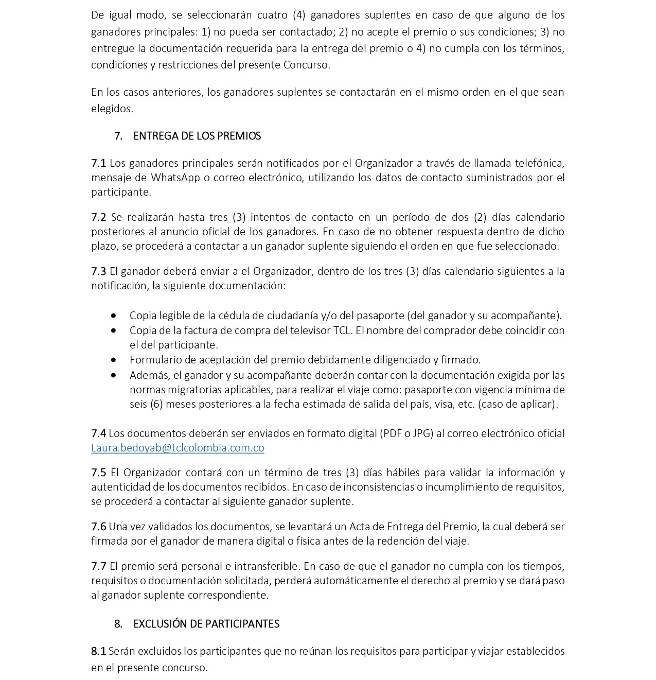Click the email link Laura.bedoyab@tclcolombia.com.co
tap(178, 448)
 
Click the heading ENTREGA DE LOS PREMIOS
tap(197, 136)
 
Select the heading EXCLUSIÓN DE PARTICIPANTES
tap(206, 624)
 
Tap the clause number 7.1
tap(98, 163)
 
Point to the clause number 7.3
tap(98, 271)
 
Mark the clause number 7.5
tap(98, 473)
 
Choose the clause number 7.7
tap(98, 566)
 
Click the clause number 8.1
tap(98, 651)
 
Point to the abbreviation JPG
tap(421, 433)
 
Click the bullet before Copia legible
tap(113, 316)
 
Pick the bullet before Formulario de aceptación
tap(113, 360)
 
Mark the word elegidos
tap(112, 109)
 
